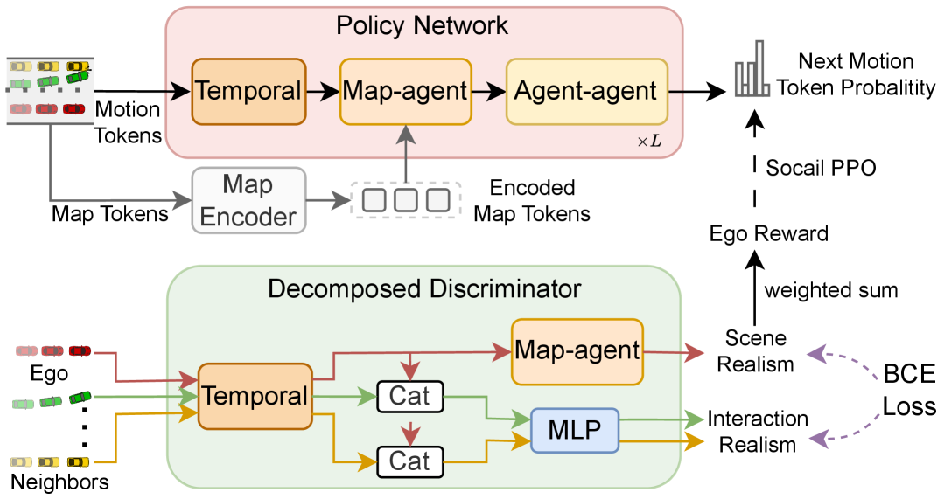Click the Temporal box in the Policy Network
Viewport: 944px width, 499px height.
(249, 92)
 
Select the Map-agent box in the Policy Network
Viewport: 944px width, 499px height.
(405, 92)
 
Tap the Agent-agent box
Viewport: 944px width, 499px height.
(586, 92)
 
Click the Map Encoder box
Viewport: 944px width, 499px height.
(248, 200)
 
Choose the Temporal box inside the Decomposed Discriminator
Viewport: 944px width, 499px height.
(255, 396)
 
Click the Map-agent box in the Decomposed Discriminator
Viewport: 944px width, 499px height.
(577, 351)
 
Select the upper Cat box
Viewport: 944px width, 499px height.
(410, 396)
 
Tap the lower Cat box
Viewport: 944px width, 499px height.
(410, 461)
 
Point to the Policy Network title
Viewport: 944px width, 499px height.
(422, 25)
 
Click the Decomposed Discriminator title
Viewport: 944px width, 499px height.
(423, 288)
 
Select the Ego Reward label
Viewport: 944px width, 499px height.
(769, 233)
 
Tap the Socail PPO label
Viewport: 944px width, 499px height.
(821, 168)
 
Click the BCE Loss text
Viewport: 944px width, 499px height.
(909, 390)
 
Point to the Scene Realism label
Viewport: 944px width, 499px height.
(756, 351)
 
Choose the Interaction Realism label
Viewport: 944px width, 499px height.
(758, 431)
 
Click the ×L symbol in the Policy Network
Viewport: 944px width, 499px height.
(649, 142)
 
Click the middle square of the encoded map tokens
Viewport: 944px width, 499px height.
(406, 200)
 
